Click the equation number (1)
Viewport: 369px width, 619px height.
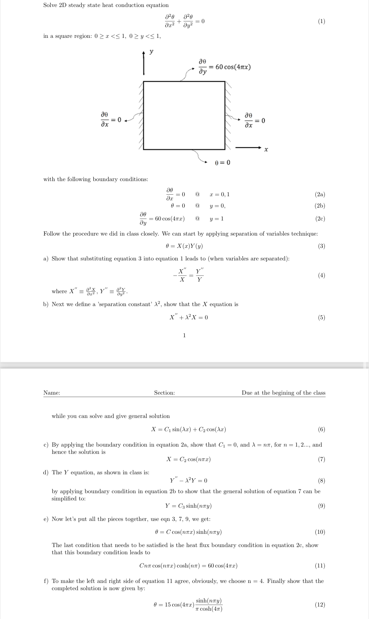click(321, 21)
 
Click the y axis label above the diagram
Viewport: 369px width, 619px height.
click(151, 52)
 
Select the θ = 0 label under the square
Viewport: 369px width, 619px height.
click(222, 162)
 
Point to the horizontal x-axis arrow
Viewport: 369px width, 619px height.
click(248, 147)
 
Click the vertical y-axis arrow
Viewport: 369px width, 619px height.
click(144, 63)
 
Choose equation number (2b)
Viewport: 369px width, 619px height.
click(320, 206)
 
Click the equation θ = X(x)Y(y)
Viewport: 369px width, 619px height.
click(184, 246)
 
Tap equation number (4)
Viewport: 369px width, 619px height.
click(321, 275)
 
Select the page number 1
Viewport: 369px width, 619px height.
click(184, 335)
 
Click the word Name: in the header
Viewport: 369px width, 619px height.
click(52, 393)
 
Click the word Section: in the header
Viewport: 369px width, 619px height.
click(164, 393)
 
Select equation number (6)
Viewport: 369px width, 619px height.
click(321, 429)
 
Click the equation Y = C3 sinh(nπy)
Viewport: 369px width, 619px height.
click(188, 506)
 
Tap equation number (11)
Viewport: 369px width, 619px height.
click(320, 565)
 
